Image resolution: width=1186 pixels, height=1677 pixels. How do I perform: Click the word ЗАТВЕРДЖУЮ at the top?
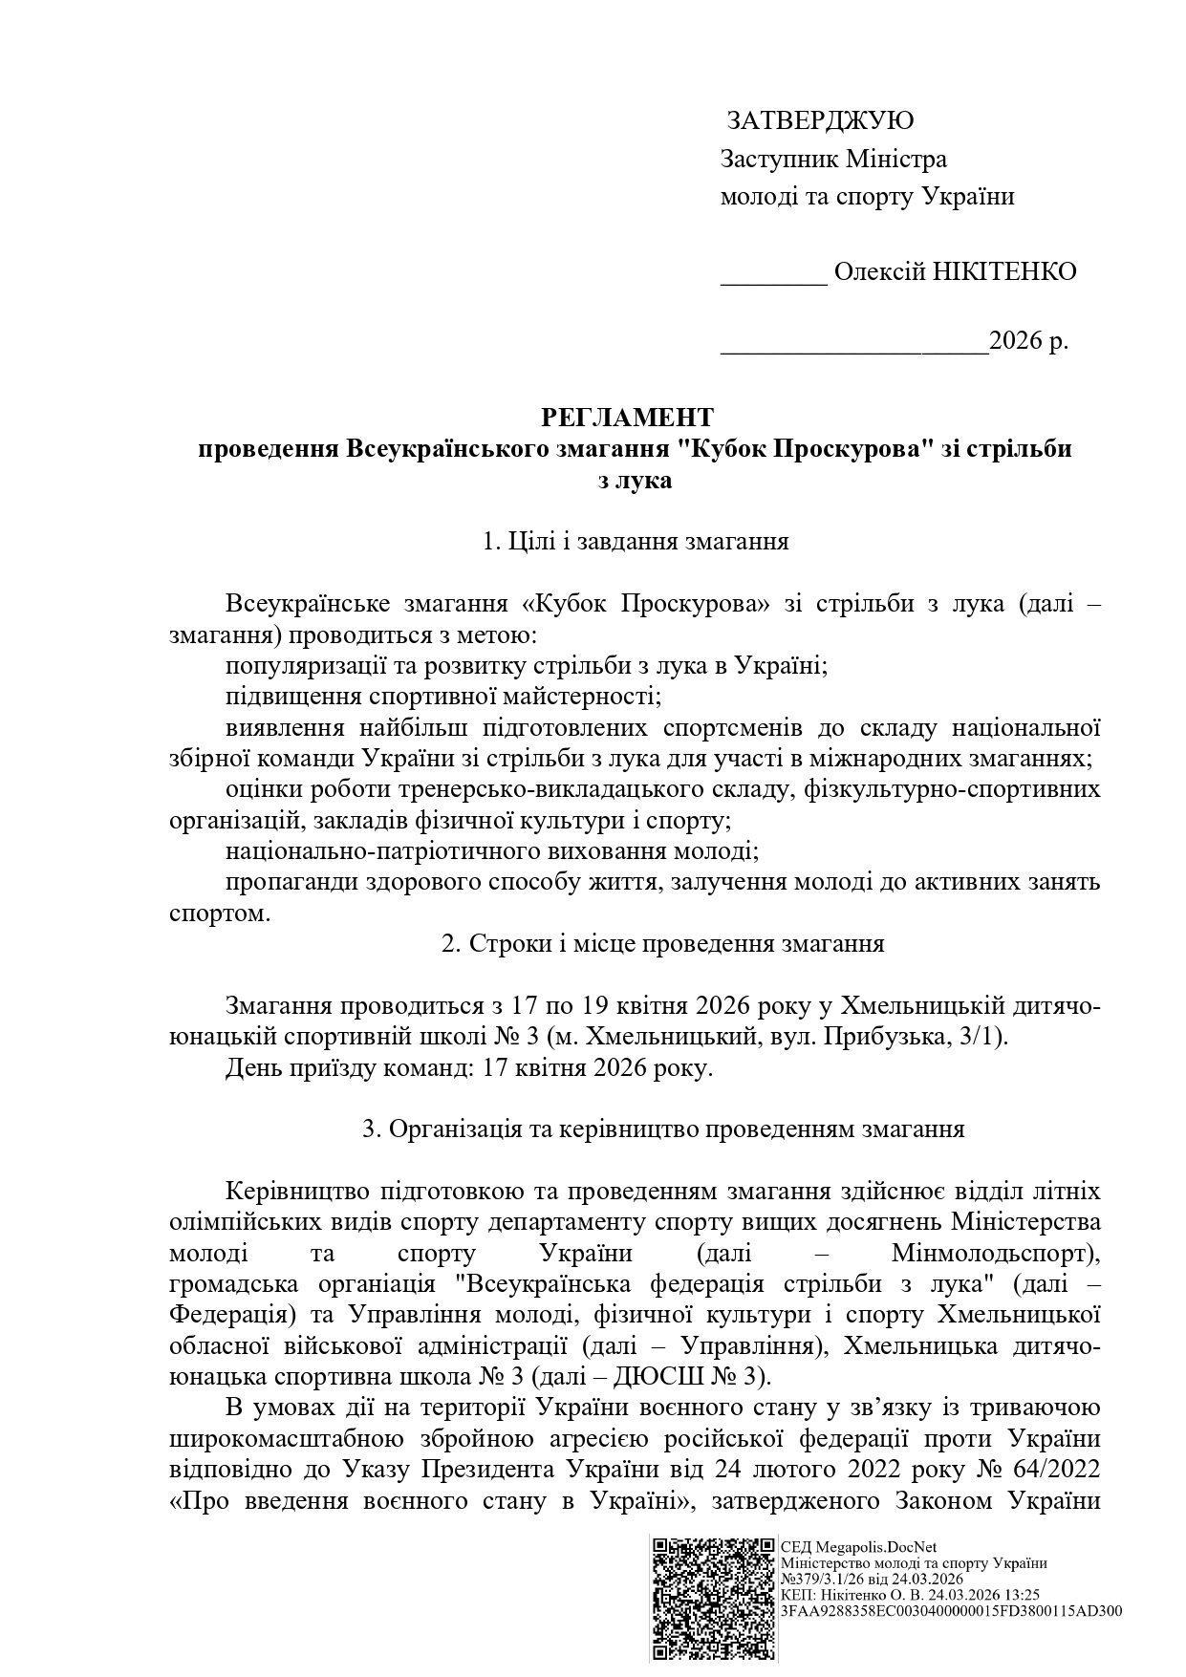820,121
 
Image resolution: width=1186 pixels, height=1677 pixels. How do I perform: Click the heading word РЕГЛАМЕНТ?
627,418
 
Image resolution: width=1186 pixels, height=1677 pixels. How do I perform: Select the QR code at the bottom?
712,1597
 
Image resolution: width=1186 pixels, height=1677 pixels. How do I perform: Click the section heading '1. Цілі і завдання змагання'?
636,542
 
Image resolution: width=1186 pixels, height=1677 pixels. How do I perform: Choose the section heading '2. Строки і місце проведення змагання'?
662,943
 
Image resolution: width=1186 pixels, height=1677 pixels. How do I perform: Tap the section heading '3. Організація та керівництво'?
663,1129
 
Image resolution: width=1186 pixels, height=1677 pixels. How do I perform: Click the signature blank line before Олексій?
773,277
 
